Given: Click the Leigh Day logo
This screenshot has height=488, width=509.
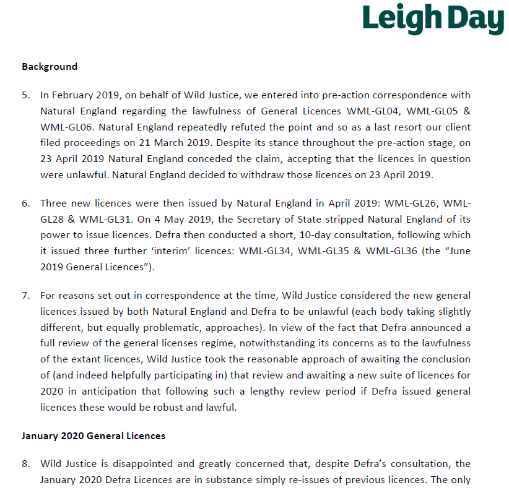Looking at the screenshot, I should click(433, 20).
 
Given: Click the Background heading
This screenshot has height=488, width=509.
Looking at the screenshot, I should click(50, 66).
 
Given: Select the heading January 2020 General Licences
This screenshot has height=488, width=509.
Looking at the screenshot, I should click(94, 435).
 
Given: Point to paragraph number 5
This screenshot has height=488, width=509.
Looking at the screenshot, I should click(25, 95).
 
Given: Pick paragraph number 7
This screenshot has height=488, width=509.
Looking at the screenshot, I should click(25, 295).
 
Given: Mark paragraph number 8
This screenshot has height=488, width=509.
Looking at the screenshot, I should click(25, 463).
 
